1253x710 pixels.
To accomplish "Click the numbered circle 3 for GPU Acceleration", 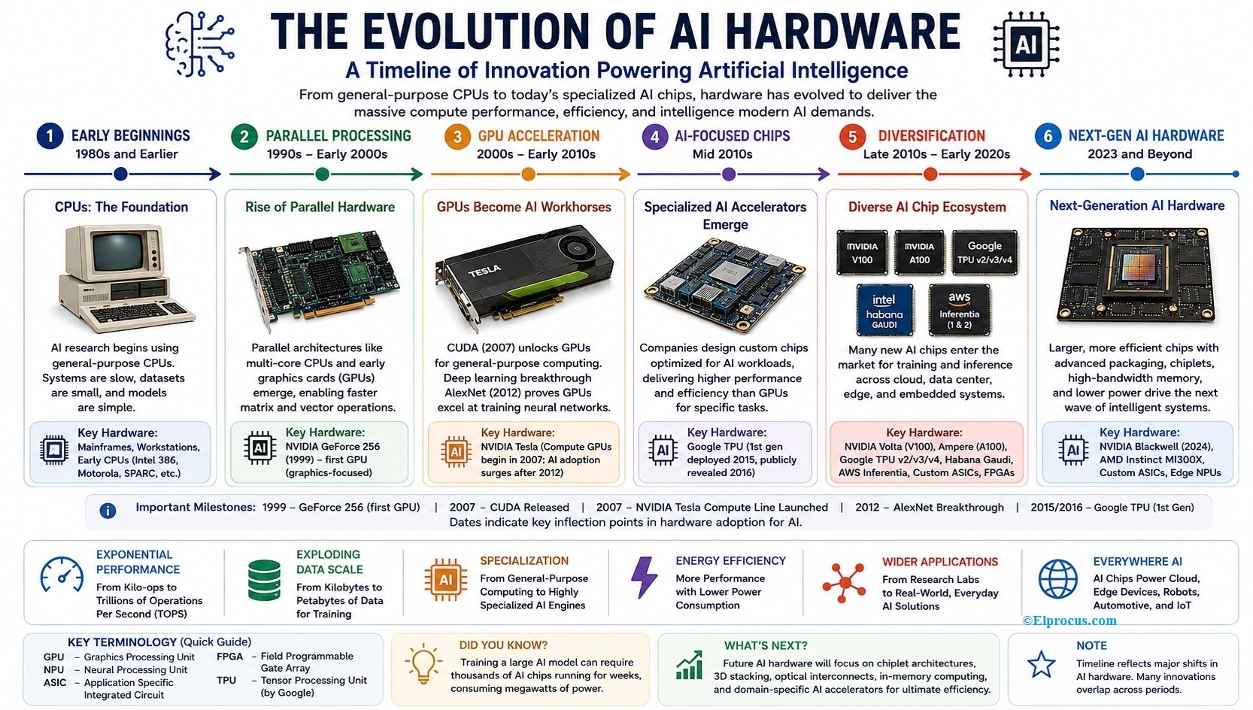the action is tap(457, 137).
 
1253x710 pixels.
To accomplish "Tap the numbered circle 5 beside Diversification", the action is tap(852, 137).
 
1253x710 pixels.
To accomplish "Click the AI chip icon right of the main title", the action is tap(1026, 44).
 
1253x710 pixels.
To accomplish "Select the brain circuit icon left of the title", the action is tap(199, 45).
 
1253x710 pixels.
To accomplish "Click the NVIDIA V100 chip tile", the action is tap(862, 253).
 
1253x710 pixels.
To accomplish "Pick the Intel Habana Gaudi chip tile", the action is tap(884, 310).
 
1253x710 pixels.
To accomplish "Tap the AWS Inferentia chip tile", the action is tap(960, 310).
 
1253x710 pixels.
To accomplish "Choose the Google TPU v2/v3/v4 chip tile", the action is tap(984, 253).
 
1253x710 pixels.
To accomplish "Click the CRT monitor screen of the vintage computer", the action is tap(119, 252).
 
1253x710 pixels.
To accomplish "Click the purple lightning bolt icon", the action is tap(645, 577).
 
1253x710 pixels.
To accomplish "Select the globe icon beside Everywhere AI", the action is tap(1057, 578).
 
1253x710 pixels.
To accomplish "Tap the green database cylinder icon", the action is tap(264, 580).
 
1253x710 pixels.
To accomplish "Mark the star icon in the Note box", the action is tap(1041, 665).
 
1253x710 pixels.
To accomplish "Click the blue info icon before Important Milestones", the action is tap(108, 510).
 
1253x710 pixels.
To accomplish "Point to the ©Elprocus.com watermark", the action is tap(1069, 620).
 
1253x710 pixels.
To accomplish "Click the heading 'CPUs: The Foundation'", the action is tap(121, 207).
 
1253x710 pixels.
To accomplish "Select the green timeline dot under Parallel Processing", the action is tap(322, 174).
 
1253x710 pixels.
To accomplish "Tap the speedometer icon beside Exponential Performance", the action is tap(62, 575).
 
